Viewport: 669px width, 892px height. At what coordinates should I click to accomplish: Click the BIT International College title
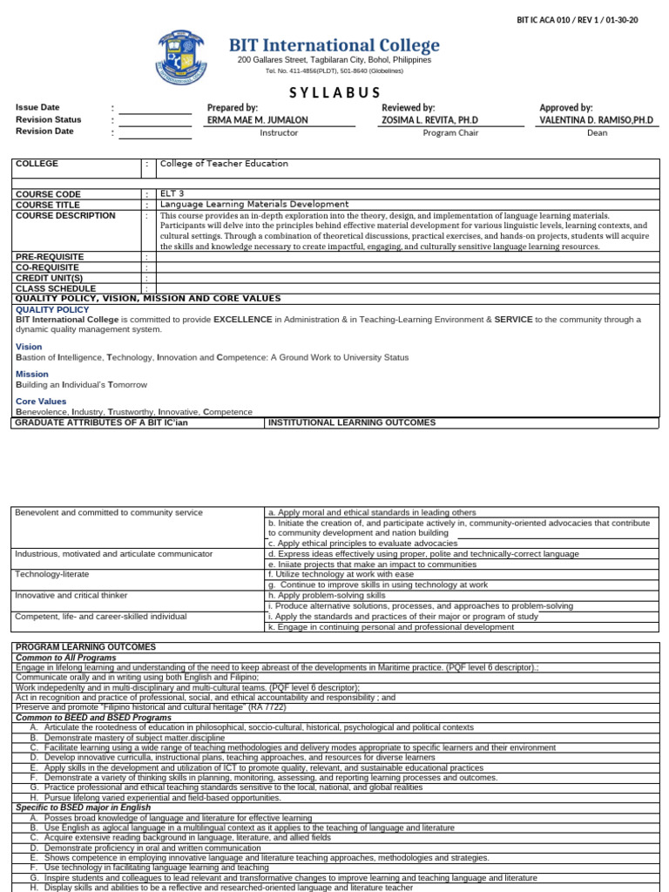(334, 45)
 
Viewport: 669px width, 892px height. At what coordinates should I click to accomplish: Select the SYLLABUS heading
(334, 93)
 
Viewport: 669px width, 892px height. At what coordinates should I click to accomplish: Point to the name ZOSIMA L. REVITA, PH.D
(430, 120)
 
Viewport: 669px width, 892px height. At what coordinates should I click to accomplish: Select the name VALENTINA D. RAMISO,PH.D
(596, 120)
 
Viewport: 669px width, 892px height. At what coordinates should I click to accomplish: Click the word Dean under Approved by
(597, 133)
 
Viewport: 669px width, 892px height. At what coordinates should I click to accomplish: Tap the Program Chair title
(450, 133)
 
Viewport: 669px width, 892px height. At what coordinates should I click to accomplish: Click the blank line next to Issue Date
(155, 108)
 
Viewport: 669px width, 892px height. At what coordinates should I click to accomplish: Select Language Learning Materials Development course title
(242, 205)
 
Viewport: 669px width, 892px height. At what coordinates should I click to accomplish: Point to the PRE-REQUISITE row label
(50, 257)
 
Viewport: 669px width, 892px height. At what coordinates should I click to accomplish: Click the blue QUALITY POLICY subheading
(51, 309)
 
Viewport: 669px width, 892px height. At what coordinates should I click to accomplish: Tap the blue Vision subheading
(29, 347)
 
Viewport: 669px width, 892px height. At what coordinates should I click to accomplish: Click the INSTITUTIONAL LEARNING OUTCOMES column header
(352, 423)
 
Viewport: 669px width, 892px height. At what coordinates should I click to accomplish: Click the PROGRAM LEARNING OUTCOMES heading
(85, 647)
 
